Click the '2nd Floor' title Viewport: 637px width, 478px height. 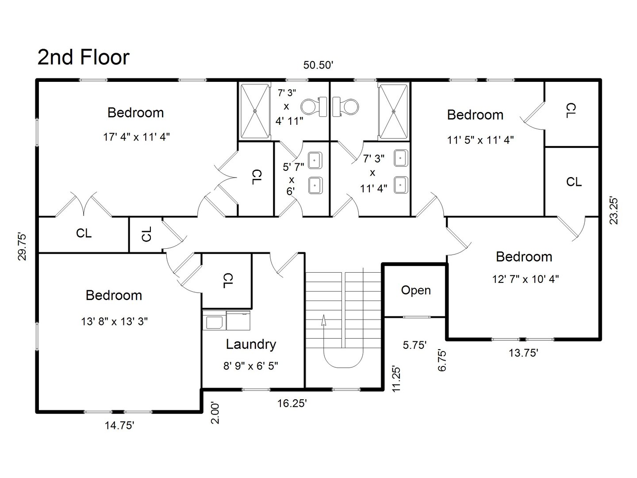click(83, 58)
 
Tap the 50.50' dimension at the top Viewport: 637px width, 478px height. click(318, 65)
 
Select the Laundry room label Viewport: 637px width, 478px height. click(251, 344)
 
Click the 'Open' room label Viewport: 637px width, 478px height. click(415, 290)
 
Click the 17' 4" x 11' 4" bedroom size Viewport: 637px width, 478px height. click(136, 137)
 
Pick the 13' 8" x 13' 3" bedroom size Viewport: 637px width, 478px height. click(114, 321)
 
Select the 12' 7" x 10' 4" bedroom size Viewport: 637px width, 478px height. click(525, 279)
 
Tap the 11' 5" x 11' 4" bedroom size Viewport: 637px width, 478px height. click(480, 140)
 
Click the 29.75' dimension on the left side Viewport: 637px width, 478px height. click(23, 247)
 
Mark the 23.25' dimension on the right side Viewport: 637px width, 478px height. click(614, 210)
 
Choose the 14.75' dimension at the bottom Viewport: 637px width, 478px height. click(119, 426)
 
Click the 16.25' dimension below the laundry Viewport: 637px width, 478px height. click(292, 403)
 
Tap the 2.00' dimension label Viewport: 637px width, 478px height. click(215, 413)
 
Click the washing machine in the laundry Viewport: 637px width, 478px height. click(214, 320)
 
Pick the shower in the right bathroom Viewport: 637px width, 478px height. click(393, 112)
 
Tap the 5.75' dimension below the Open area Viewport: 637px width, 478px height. click(414, 345)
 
